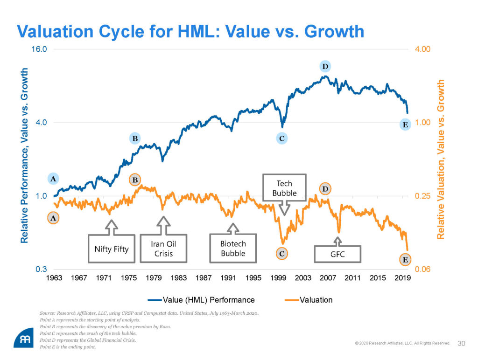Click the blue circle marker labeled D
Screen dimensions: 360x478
(x=325, y=67)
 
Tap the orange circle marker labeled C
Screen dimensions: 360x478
(x=281, y=253)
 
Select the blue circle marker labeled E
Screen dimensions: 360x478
(x=405, y=125)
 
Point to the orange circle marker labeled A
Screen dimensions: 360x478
(x=53, y=218)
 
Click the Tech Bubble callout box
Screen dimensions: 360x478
(x=284, y=188)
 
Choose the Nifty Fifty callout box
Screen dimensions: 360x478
(x=109, y=248)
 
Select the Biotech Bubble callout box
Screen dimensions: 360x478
(x=233, y=248)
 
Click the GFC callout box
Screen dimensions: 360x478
(x=337, y=254)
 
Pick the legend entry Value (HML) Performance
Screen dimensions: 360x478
(x=201, y=300)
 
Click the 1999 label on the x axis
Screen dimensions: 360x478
(x=278, y=278)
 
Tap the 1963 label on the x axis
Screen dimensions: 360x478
(x=54, y=278)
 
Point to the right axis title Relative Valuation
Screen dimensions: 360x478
(x=441, y=159)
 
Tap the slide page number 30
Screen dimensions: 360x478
(x=462, y=344)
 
